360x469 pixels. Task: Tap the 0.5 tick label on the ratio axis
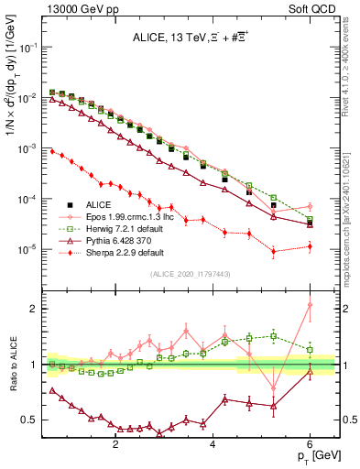click(30, 420)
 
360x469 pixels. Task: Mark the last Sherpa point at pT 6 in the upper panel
click(311, 245)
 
